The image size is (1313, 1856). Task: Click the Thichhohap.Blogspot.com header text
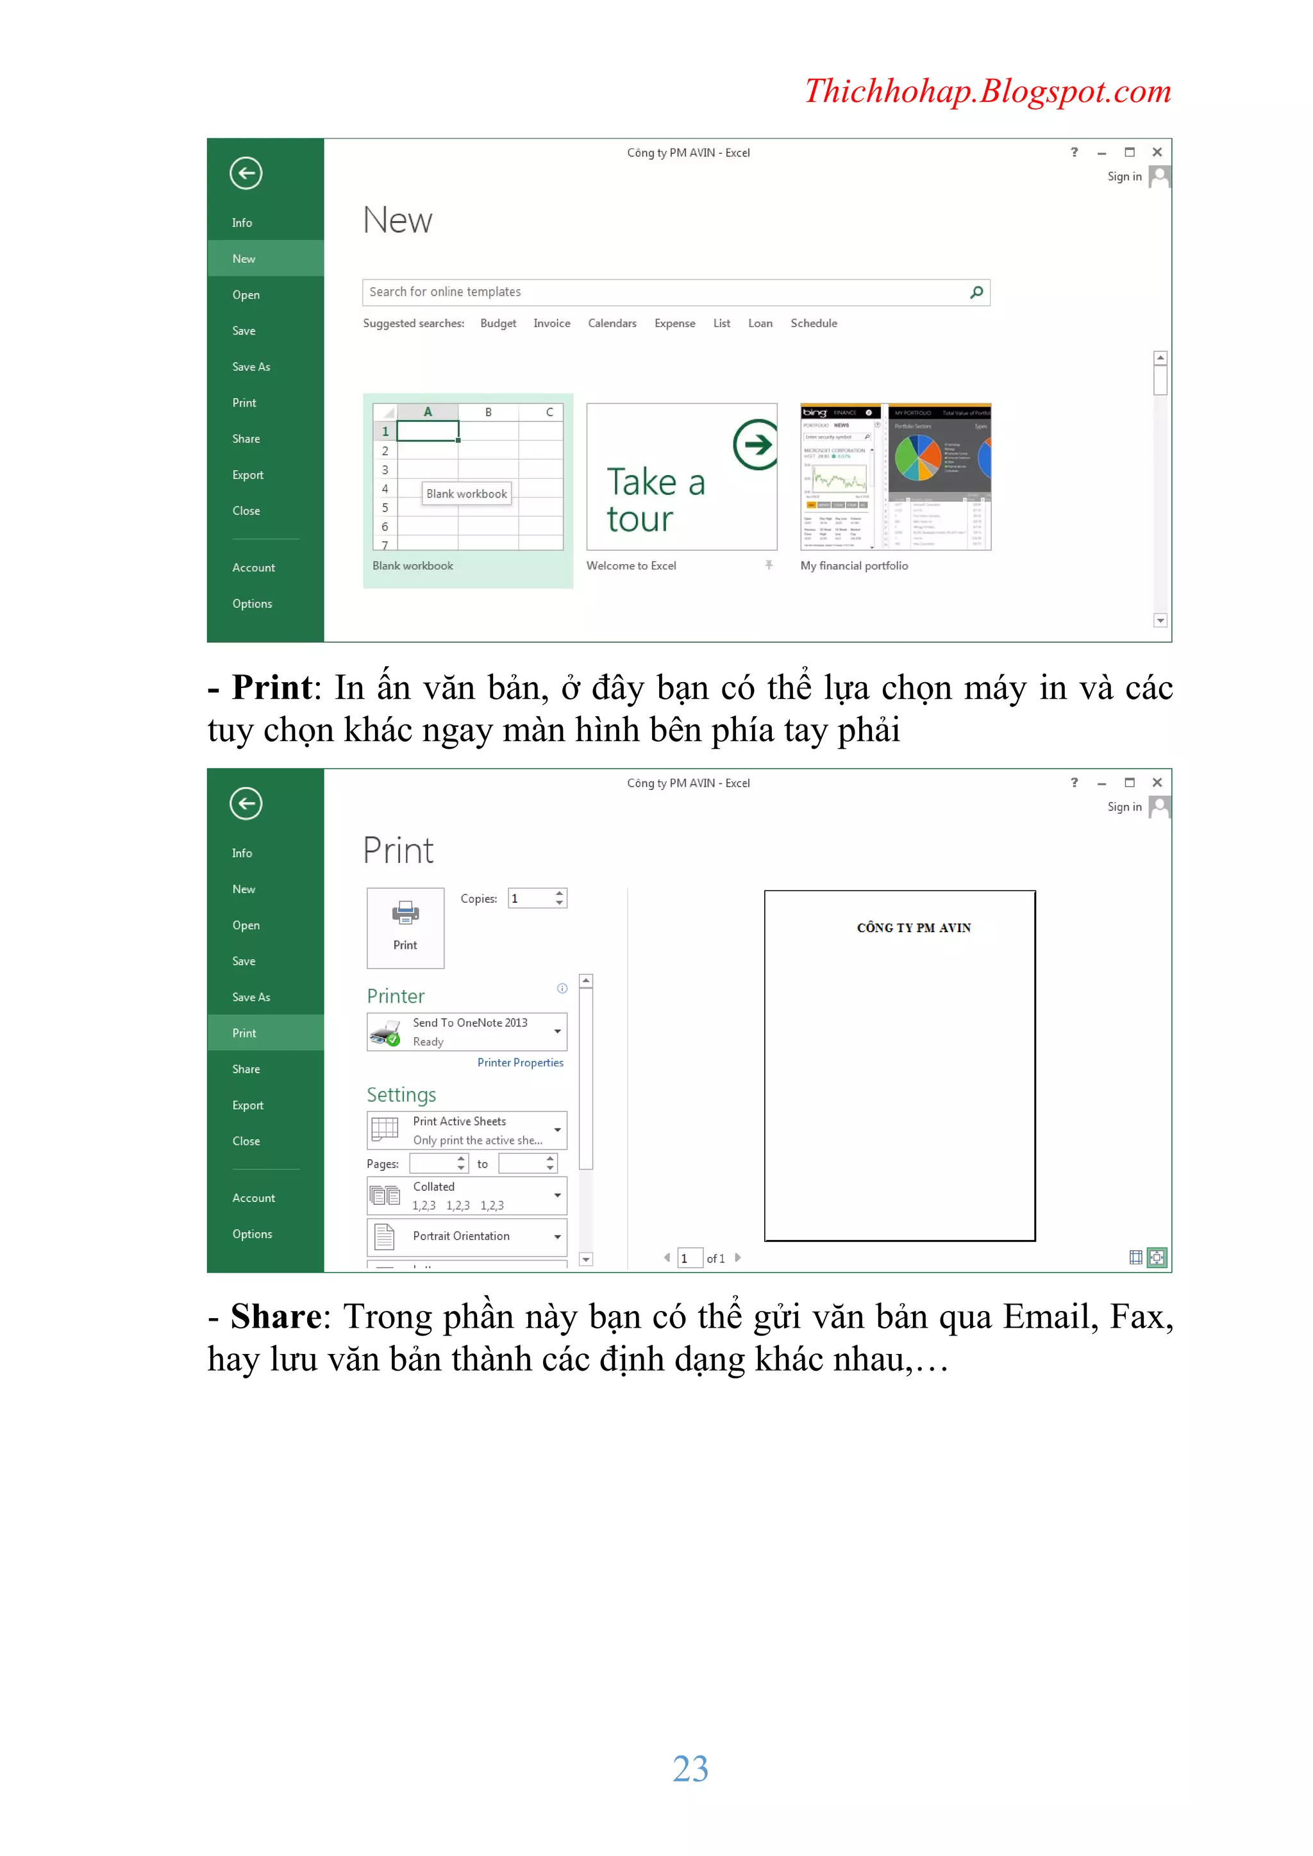click(987, 91)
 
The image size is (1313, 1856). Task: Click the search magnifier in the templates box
click(976, 292)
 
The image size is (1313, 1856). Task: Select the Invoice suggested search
click(551, 323)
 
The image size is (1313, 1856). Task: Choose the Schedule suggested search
click(814, 323)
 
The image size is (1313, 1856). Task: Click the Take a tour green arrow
click(755, 444)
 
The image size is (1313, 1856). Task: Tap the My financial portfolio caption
click(854, 566)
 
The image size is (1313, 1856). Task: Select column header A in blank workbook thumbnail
click(428, 412)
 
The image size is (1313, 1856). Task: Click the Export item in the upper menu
click(247, 475)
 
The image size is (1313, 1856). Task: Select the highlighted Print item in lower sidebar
click(244, 1033)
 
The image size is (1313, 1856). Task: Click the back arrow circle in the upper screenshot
click(246, 173)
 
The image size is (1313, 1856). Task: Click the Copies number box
click(530, 899)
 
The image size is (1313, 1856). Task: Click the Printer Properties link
click(520, 1063)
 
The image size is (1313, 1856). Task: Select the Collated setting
click(467, 1196)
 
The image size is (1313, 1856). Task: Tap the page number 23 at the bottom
click(690, 1768)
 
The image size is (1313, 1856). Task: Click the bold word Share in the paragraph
click(276, 1317)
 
